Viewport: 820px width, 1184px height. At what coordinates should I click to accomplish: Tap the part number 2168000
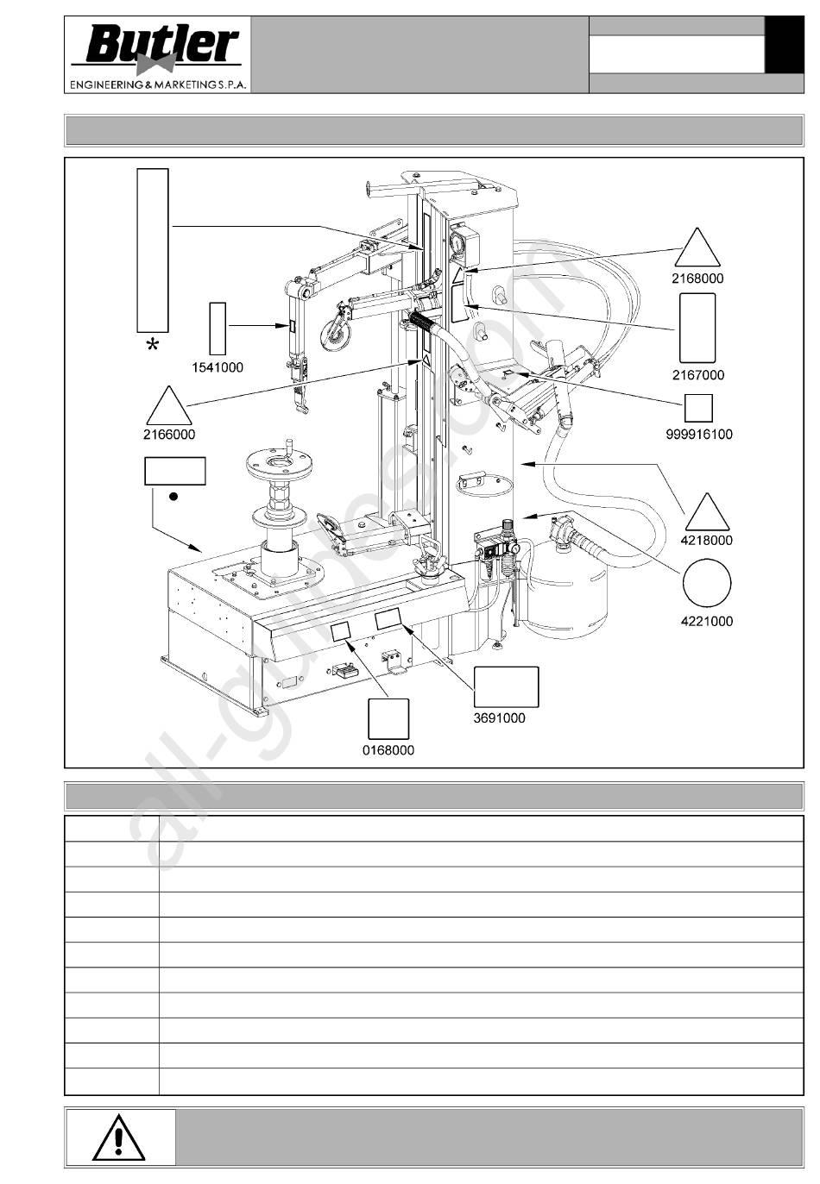point(697,279)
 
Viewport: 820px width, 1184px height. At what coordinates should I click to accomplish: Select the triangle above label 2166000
point(169,405)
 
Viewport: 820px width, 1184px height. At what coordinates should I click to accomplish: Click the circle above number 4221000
point(707,583)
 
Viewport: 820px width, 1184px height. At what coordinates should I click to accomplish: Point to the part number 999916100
point(699,435)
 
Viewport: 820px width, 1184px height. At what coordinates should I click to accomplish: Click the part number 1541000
point(218,367)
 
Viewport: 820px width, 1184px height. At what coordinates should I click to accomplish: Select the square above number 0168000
point(388,719)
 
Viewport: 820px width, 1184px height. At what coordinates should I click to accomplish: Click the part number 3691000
point(500,718)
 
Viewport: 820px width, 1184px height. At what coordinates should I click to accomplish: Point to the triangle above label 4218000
point(707,511)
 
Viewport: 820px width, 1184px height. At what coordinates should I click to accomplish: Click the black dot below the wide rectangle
point(173,497)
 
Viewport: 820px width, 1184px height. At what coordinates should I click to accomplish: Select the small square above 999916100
point(698,408)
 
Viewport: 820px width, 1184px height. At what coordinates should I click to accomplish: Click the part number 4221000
point(707,621)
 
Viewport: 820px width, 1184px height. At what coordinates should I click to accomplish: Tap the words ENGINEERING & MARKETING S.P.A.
point(158,85)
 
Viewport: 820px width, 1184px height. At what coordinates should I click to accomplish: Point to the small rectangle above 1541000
point(218,329)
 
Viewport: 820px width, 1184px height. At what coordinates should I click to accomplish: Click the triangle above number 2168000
point(697,247)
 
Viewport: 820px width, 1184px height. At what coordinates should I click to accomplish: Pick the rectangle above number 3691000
point(507,687)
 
